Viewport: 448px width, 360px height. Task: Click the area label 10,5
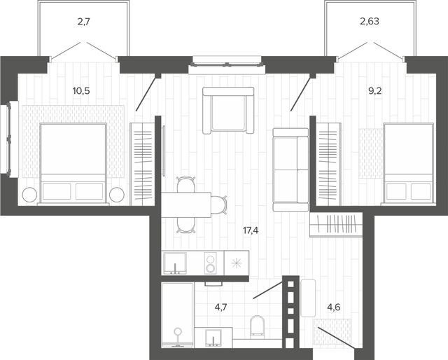[x=81, y=91]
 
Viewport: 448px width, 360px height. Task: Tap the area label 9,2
[x=375, y=91]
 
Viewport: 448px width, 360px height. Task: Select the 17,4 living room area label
[x=251, y=230]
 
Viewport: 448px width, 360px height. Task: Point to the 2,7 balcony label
[x=84, y=22]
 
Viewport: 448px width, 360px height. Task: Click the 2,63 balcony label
[x=370, y=22]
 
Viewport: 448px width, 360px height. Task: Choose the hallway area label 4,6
[x=334, y=307]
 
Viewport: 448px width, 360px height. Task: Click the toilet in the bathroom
[x=257, y=326]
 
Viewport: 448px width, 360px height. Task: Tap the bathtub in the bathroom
[x=178, y=315]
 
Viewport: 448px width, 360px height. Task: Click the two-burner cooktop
[x=211, y=263]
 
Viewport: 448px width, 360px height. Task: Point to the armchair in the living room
[x=228, y=111]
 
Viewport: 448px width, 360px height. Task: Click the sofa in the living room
[x=290, y=169]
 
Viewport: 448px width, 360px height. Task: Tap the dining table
[x=186, y=205]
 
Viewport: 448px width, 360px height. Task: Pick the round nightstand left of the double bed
[x=29, y=195]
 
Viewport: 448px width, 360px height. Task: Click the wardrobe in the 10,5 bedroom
[x=142, y=164]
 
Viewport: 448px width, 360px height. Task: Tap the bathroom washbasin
[x=213, y=338]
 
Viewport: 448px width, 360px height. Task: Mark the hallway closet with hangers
[x=336, y=224]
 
